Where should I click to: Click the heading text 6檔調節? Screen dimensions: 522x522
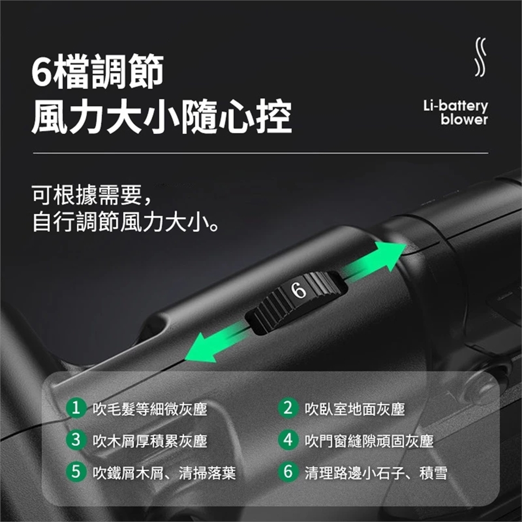click(97, 72)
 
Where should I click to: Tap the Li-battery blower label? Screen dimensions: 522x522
click(456, 113)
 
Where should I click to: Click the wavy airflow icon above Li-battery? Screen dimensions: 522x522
click(480, 57)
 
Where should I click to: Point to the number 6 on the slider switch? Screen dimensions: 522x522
click(299, 290)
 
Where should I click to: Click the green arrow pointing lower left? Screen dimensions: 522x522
click(217, 343)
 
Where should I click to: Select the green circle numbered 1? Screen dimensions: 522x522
click(76, 408)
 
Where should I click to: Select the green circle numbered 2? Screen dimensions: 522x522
click(288, 408)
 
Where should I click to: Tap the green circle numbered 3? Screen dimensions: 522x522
click(76, 440)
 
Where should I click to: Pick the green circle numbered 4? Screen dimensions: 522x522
click(288, 440)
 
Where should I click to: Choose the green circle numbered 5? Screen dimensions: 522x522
click(76, 472)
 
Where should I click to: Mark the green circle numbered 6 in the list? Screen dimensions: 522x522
click(288, 472)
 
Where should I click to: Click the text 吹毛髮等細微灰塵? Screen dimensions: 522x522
click(150, 409)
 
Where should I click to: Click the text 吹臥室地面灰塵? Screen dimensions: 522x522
click(355, 409)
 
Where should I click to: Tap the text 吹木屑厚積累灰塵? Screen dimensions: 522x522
click(150, 441)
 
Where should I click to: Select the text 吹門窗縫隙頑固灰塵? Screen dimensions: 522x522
click(369, 441)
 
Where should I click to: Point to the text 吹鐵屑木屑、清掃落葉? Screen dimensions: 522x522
click(164, 473)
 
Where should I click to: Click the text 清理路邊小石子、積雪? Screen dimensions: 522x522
click(376, 473)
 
